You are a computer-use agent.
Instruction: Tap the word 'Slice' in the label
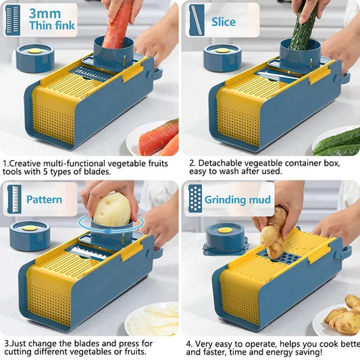(x=224, y=21)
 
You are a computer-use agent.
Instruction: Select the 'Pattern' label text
(x=44, y=200)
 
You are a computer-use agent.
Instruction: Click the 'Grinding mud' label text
(x=238, y=200)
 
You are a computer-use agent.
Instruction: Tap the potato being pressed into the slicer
(x=111, y=209)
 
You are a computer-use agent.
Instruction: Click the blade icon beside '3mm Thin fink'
(x=13, y=20)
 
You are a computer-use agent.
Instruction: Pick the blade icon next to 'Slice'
(x=197, y=20)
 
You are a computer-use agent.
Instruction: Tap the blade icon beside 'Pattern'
(x=13, y=199)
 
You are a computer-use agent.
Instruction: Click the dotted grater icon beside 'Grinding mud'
(x=195, y=199)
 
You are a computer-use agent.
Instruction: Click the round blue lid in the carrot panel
(x=34, y=57)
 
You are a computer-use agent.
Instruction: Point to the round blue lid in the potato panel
(x=30, y=234)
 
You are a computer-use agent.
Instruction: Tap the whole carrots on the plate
(x=160, y=138)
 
